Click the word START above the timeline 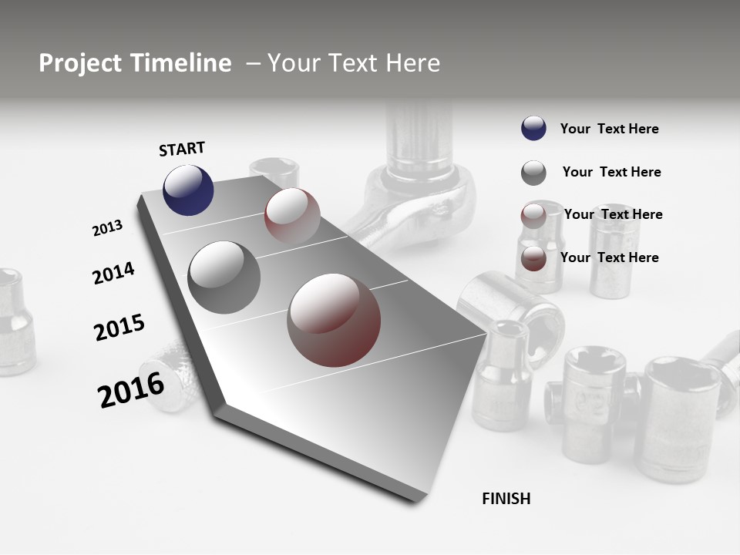pos(182,149)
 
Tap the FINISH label pos(506,499)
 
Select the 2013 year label pos(108,228)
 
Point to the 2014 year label pos(114,273)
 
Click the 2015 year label pos(119,328)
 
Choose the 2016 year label pos(131,389)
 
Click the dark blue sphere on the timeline pos(188,190)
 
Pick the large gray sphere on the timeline pos(224,277)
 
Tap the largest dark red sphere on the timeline pos(334,320)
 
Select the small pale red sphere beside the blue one pos(292,215)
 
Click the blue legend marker pos(533,129)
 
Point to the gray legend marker pos(533,173)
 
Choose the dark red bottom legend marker pos(533,258)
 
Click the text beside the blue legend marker pos(609,129)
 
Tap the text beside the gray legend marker pos(611,172)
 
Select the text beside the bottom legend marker pos(609,257)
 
